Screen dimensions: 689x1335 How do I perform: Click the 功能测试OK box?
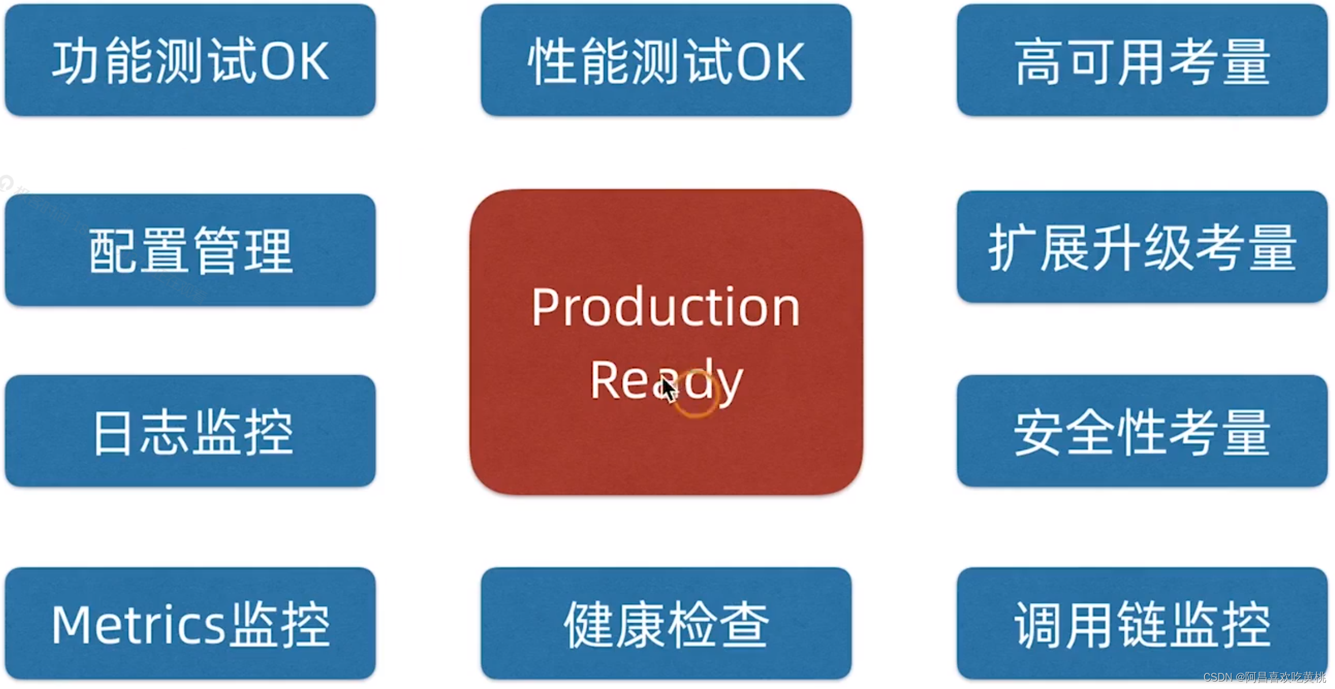point(190,61)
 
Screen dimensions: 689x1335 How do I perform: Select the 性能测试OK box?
point(666,61)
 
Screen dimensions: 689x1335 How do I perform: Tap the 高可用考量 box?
point(1142,61)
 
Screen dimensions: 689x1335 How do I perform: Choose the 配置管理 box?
point(190,250)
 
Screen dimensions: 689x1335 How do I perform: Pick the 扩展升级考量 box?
point(1142,247)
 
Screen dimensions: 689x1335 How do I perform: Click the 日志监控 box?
point(190,431)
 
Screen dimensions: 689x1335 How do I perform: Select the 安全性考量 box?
point(1142,431)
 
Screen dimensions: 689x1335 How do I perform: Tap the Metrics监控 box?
point(190,624)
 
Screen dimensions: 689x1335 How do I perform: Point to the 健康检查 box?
point(666,624)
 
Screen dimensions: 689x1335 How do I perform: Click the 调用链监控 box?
point(1142,624)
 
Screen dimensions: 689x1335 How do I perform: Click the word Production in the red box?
point(666,308)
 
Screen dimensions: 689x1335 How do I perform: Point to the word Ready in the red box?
point(666,381)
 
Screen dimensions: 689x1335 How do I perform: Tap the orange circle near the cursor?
point(696,394)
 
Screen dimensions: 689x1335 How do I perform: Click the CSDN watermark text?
point(1264,677)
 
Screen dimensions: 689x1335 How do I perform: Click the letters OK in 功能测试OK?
point(294,61)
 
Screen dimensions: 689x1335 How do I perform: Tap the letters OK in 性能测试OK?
point(770,61)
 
